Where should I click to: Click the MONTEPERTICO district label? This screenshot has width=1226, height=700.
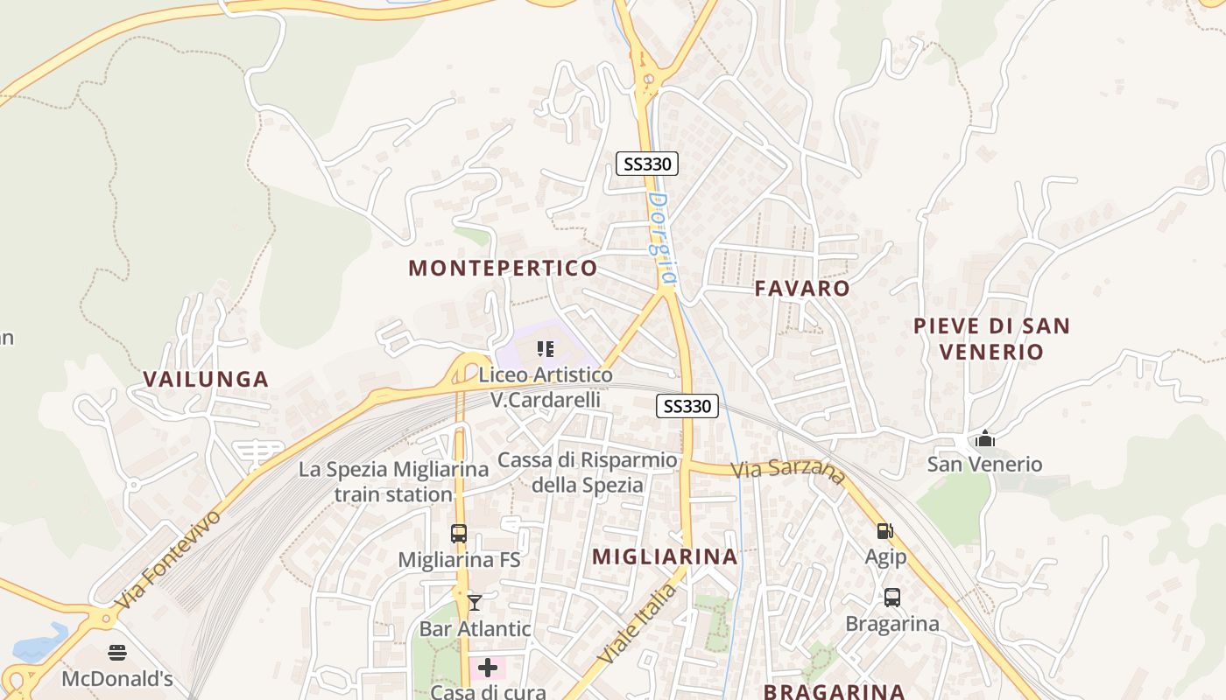[503, 269]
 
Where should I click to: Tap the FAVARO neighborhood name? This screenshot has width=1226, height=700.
[802, 289]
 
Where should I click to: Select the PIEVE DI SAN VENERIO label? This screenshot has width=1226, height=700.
[991, 339]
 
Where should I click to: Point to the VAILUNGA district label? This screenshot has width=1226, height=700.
[206, 380]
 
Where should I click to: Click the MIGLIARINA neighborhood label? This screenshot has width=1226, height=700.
[665, 556]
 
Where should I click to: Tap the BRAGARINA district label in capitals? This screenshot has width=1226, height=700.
[834, 691]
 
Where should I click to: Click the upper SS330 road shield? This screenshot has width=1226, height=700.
[647, 164]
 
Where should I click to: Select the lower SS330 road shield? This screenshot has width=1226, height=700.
[687, 406]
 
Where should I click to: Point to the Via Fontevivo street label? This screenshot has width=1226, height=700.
[168, 560]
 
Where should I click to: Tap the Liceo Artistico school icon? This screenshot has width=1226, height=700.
[546, 350]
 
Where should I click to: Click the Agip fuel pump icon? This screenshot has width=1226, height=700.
[885, 530]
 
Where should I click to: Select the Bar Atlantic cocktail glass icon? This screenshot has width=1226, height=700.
[475, 602]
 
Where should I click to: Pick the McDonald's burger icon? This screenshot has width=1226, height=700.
[117, 653]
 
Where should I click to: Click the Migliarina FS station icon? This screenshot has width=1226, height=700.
[459, 533]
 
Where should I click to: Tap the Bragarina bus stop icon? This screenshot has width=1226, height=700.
[891, 598]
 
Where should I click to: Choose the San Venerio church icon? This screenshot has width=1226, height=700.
[985, 437]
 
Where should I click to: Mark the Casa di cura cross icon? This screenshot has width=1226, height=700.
[488, 668]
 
